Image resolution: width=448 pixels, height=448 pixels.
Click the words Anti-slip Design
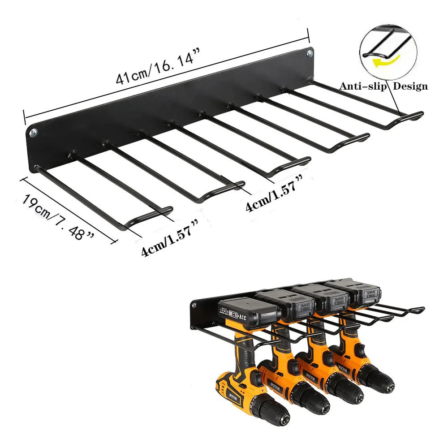click(x=383, y=86)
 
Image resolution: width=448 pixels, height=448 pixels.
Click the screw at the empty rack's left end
click(x=34, y=133)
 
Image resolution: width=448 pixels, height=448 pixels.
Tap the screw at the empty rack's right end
click(x=309, y=54)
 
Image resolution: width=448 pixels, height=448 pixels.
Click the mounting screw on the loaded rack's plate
click(x=194, y=306)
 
